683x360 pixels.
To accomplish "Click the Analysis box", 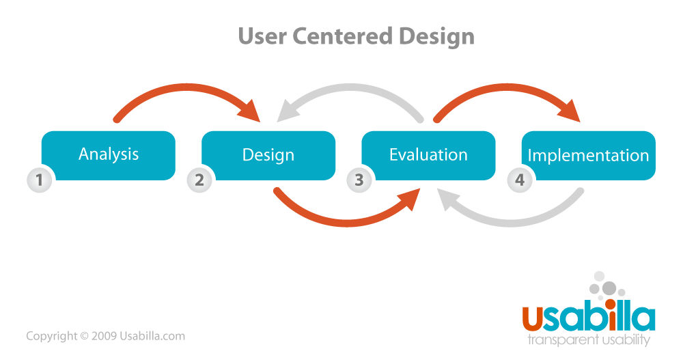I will coord(109,154).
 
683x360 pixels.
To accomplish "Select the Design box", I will coord(268,154).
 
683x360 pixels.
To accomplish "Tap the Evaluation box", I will coord(428,154).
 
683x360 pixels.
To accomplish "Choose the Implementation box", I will coord(588,155).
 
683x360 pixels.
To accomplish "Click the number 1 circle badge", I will coord(39,180).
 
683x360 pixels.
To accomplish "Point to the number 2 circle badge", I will coord(199,180).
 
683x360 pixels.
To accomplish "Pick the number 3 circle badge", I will coord(359,180).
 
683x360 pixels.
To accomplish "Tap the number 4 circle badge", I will coord(519,180).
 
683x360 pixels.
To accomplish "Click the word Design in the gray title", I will coord(437,36).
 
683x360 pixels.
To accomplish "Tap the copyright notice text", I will coord(105,336).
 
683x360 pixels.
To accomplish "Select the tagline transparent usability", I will coord(588,340).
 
